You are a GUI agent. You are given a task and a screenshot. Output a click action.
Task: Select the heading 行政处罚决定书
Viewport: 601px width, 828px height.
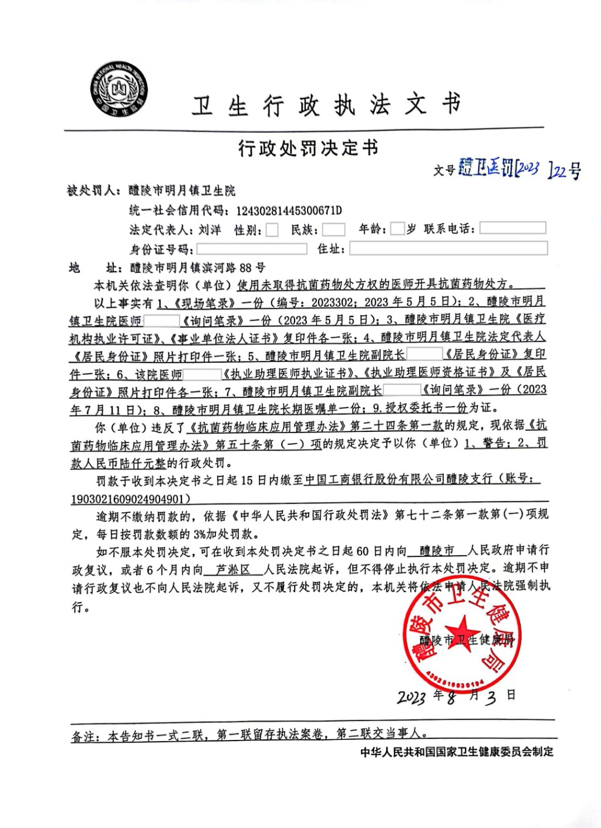pyautogui.click(x=308, y=148)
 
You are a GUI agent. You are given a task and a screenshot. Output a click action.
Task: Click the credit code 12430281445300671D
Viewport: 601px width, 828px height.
pyautogui.click(x=289, y=211)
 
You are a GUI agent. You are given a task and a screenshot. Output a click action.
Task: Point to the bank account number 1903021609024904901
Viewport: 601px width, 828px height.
pyautogui.click(x=130, y=499)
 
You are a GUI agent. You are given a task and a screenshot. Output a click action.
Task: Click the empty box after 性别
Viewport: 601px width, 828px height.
pyautogui.click(x=272, y=229)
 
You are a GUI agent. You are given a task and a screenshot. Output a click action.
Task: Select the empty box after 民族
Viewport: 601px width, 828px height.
pyautogui.click(x=333, y=229)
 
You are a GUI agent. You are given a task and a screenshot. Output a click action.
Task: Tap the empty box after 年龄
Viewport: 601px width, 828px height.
pyautogui.click(x=397, y=229)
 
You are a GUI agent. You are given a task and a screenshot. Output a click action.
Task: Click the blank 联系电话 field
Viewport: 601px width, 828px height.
pyautogui.click(x=512, y=228)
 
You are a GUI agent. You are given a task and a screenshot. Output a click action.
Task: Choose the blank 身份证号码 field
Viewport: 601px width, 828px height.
pyautogui.click(x=251, y=249)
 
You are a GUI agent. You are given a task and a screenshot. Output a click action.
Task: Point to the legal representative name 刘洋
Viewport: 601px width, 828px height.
pyautogui.click(x=210, y=229)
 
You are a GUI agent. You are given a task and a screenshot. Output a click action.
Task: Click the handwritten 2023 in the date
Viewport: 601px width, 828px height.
pyautogui.click(x=411, y=697)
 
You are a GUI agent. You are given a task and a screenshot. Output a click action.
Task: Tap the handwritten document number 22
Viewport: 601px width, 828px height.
pyautogui.click(x=560, y=171)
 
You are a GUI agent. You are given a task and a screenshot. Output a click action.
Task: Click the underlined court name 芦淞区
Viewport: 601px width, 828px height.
pyautogui.click(x=232, y=569)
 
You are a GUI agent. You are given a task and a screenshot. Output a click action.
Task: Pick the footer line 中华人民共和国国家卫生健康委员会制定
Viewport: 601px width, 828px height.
pyautogui.click(x=457, y=752)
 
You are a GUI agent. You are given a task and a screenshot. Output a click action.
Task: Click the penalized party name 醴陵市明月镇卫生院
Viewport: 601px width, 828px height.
pyautogui.click(x=182, y=191)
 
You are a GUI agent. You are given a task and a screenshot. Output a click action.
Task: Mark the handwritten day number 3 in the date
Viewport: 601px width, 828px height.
pyautogui.click(x=491, y=697)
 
